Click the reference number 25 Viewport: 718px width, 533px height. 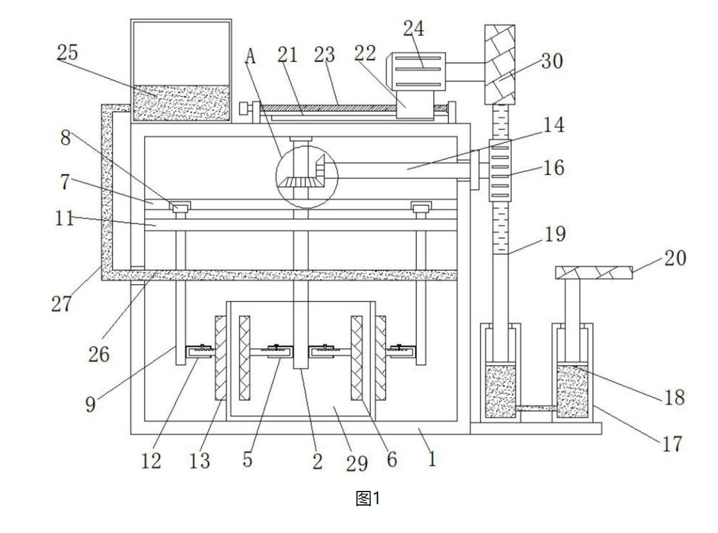tap(68, 53)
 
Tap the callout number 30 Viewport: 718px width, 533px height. tap(552, 62)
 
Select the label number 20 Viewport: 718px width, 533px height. tap(674, 258)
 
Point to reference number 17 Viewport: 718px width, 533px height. tap(672, 443)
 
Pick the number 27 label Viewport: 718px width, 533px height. tap(61, 304)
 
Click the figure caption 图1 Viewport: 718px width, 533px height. tap(368, 498)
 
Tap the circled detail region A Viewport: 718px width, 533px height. tap(307, 175)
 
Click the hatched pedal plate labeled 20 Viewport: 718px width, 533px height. tap(594, 273)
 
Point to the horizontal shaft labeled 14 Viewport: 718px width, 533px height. tap(402, 171)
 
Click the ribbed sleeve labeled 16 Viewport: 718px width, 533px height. tap(500, 170)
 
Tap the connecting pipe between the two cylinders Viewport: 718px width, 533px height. tap(536, 408)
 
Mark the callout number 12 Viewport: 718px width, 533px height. tap(151, 461)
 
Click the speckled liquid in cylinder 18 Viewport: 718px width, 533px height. tap(572, 392)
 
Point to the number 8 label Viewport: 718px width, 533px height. tap(65, 137)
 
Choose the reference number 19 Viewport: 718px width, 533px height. tap(555, 235)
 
